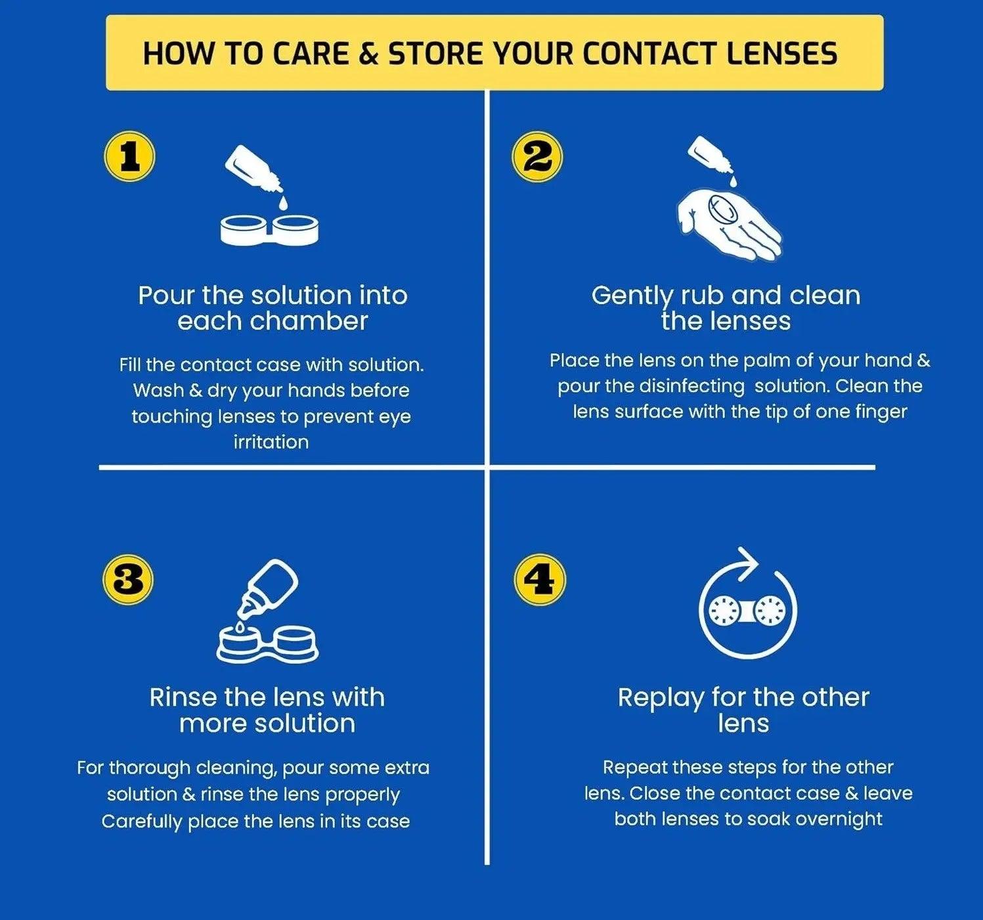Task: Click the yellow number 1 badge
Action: (x=130, y=158)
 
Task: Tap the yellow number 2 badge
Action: (x=537, y=158)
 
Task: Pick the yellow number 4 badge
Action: (x=539, y=580)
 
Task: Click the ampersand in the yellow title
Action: (x=369, y=54)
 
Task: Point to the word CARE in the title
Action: (x=310, y=54)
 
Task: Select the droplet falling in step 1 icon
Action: (x=283, y=202)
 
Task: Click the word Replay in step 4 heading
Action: (x=660, y=697)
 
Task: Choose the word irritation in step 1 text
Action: (x=271, y=442)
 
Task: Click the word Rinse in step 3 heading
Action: (x=183, y=697)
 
